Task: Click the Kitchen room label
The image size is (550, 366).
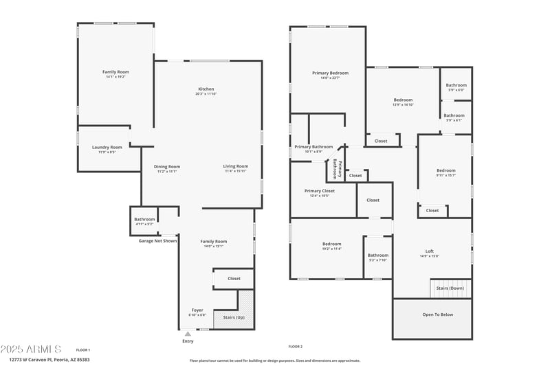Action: point(206,89)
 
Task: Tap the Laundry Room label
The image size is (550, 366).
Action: point(107,147)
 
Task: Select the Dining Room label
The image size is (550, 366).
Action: point(166,166)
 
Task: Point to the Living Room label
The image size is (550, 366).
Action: point(236,166)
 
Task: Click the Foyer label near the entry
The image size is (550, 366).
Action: point(197,310)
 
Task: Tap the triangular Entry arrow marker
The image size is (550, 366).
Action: point(188,334)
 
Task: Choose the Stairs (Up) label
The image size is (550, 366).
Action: point(234,317)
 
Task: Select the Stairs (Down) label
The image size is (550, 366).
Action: point(451,288)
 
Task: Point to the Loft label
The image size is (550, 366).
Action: point(430,251)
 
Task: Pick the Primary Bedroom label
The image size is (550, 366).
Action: point(330,73)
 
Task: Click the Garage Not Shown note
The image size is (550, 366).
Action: point(157,241)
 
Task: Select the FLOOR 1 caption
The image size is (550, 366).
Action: point(83,350)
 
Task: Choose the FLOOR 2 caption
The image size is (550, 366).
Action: point(296,347)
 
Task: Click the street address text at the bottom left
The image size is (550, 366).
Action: point(49,359)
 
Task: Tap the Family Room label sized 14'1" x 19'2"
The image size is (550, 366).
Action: point(115,72)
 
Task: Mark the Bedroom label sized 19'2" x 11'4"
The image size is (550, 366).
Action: point(332,244)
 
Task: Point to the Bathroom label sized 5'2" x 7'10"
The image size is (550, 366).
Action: point(378,255)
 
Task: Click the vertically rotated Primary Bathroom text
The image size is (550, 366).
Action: point(338,169)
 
